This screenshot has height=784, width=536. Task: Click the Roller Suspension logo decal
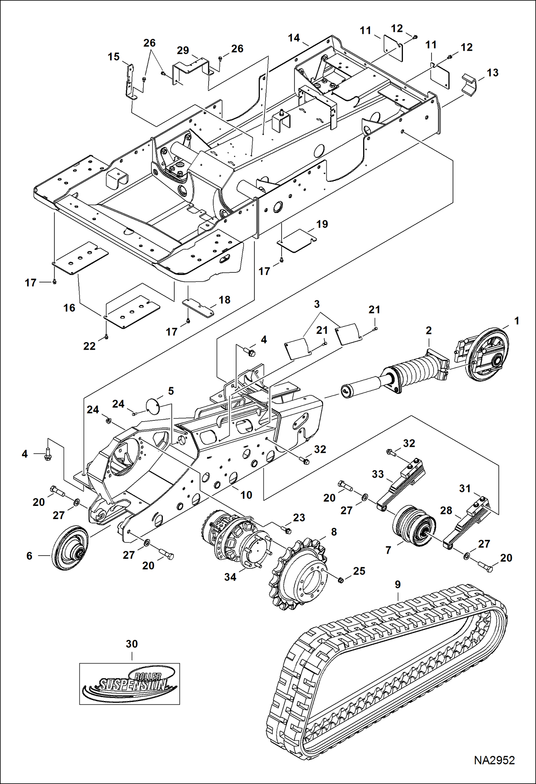tap(130, 683)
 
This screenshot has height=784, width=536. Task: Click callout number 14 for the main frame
tap(294, 38)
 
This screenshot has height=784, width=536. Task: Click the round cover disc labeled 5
tap(153, 405)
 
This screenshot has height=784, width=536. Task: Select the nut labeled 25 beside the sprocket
tap(341, 580)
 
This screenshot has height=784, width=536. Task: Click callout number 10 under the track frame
tap(246, 495)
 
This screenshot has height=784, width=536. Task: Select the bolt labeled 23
tap(287, 530)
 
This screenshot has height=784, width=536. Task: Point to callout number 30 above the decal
tap(132, 644)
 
